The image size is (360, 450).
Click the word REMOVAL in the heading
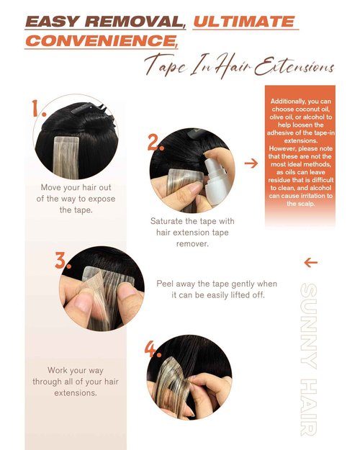[x=135, y=22]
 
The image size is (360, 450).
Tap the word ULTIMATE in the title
[x=244, y=22]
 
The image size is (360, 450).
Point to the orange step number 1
[x=38, y=109]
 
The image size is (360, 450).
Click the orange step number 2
[x=156, y=143]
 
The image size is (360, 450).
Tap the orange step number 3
[x=63, y=261]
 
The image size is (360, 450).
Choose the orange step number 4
[x=153, y=349]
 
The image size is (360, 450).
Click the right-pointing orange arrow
[x=251, y=163]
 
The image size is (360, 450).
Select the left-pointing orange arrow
[x=310, y=262]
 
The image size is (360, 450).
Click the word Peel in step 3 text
[x=165, y=284]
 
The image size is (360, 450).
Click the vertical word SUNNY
[x=309, y=326]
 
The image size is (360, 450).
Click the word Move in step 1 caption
[x=50, y=188]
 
